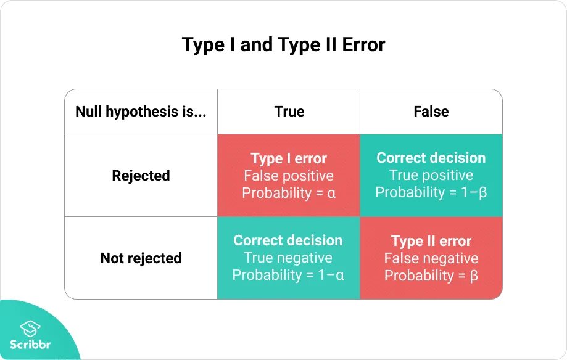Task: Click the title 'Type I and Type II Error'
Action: point(283,45)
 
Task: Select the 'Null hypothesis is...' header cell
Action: point(141,112)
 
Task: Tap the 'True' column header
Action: point(289,112)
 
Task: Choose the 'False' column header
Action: point(431,112)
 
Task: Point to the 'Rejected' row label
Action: point(141,176)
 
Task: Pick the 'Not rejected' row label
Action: point(141,258)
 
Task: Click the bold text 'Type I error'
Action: point(289,158)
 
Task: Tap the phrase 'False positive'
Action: point(289,176)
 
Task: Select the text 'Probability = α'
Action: point(289,193)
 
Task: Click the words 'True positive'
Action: point(431,175)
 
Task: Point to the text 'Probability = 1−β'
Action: point(431,192)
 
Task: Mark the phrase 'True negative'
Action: point(288,258)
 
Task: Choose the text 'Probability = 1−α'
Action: point(288,275)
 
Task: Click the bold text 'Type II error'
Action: point(431,241)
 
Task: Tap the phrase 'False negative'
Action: point(431,258)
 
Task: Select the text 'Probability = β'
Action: point(431,276)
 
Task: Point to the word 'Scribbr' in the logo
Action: point(30,344)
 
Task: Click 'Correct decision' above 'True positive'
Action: point(431,158)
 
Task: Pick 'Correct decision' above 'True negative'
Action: point(288,240)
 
